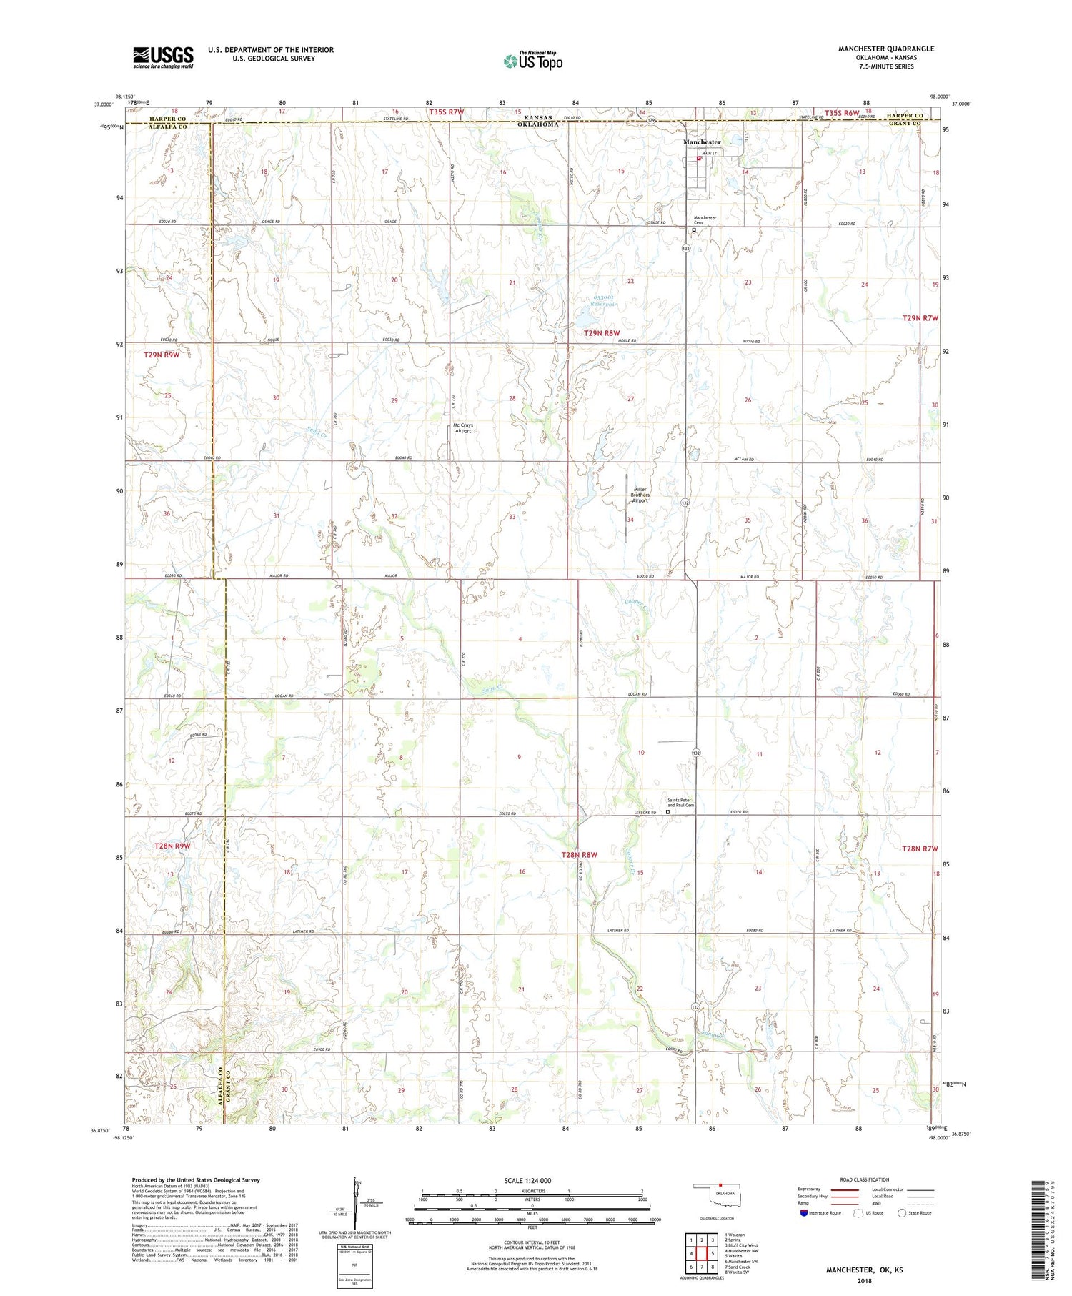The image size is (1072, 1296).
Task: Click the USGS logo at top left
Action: pyautogui.click(x=163, y=57)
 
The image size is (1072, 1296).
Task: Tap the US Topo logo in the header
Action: pyautogui.click(x=532, y=61)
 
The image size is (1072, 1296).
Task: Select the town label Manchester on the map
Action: pyautogui.click(x=702, y=142)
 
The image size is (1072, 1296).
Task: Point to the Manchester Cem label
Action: pyautogui.click(x=705, y=220)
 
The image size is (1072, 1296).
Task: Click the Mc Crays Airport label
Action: pyautogui.click(x=463, y=428)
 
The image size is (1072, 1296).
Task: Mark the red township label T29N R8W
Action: pyautogui.click(x=601, y=333)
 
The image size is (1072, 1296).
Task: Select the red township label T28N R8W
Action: pyautogui.click(x=579, y=854)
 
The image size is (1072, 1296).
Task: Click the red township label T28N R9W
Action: pyautogui.click(x=172, y=846)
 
